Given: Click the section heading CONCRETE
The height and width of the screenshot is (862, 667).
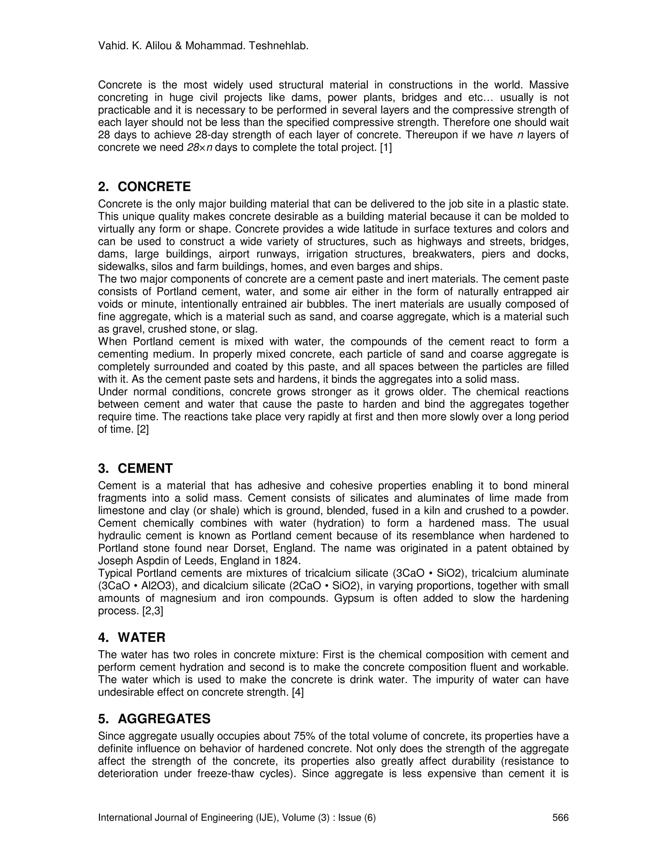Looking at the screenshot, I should [x=154, y=187].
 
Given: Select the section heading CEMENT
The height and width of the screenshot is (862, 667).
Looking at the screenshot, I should [x=145, y=468].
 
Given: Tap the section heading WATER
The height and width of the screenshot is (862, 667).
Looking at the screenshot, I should [x=141, y=638].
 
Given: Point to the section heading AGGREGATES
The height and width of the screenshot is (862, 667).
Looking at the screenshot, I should [x=164, y=719].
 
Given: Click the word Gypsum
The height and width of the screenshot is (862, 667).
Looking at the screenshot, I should [x=354, y=598].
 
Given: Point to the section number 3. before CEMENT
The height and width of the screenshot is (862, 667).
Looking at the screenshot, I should [x=103, y=468].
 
